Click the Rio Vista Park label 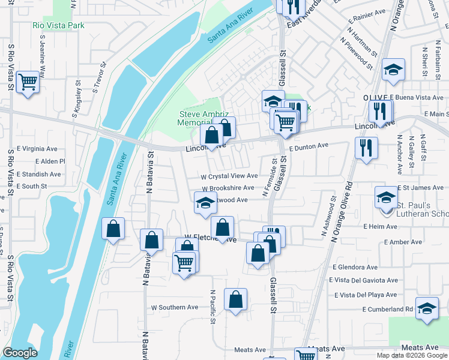58,25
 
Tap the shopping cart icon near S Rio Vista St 28,82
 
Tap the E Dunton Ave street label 309,146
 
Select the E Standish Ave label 39,174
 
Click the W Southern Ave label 174,307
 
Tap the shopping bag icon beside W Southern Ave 236,299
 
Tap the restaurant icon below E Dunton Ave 366,147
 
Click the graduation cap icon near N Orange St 394,70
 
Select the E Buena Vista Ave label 416,97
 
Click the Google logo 20,353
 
